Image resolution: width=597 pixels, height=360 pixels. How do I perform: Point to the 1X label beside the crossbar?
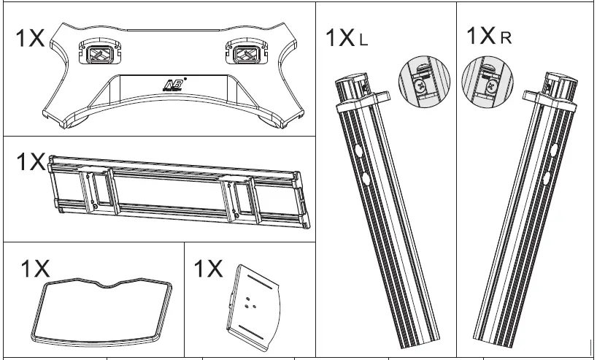pyautogui.click(x=31, y=162)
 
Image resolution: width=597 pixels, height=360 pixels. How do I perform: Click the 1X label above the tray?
pyautogui.click(x=35, y=268)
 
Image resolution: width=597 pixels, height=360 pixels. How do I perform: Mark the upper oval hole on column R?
pyautogui.click(x=552, y=150)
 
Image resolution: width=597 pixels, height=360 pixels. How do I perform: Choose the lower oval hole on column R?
pyautogui.click(x=548, y=177)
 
